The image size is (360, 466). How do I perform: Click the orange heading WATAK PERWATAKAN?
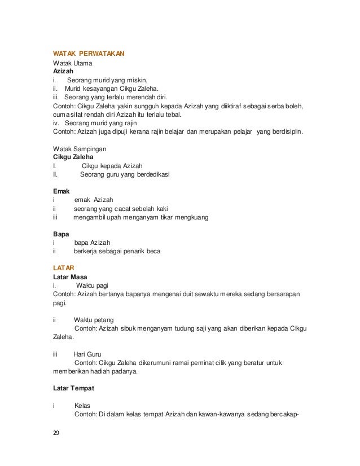(89, 54)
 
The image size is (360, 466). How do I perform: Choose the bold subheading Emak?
(61, 191)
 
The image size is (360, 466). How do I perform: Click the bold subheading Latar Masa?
(70, 276)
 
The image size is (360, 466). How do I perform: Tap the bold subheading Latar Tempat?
(73, 389)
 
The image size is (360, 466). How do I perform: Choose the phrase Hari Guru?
(89, 354)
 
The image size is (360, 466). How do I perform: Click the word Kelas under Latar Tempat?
(82, 406)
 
